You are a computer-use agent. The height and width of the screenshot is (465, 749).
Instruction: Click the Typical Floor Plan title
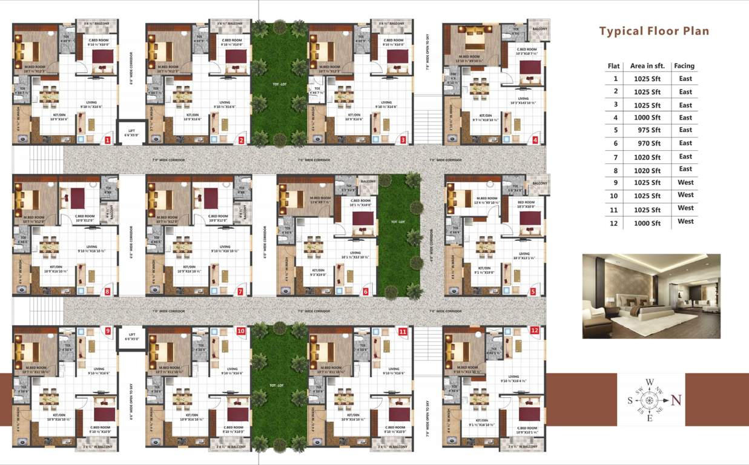click(654, 31)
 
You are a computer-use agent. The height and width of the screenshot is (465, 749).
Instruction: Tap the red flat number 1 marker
click(107, 140)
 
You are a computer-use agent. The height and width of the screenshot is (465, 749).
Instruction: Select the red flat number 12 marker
click(534, 331)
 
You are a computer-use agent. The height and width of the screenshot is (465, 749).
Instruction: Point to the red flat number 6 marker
click(365, 291)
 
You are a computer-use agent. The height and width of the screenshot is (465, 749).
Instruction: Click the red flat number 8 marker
click(107, 291)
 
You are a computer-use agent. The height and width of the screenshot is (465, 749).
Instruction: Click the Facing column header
click(684, 65)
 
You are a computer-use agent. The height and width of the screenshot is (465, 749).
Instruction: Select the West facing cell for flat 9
click(685, 182)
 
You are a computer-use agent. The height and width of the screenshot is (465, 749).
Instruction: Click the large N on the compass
click(676, 400)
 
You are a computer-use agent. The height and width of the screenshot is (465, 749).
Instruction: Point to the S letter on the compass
click(629, 400)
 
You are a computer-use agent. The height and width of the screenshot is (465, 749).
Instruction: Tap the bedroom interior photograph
click(651, 296)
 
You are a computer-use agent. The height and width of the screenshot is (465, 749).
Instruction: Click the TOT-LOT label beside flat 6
click(397, 223)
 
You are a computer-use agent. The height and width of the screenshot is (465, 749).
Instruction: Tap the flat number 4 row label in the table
click(616, 117)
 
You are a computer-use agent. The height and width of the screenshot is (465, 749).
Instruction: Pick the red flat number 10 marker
click(241, 331)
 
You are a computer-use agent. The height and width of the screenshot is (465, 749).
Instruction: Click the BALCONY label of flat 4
click(539, 29)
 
